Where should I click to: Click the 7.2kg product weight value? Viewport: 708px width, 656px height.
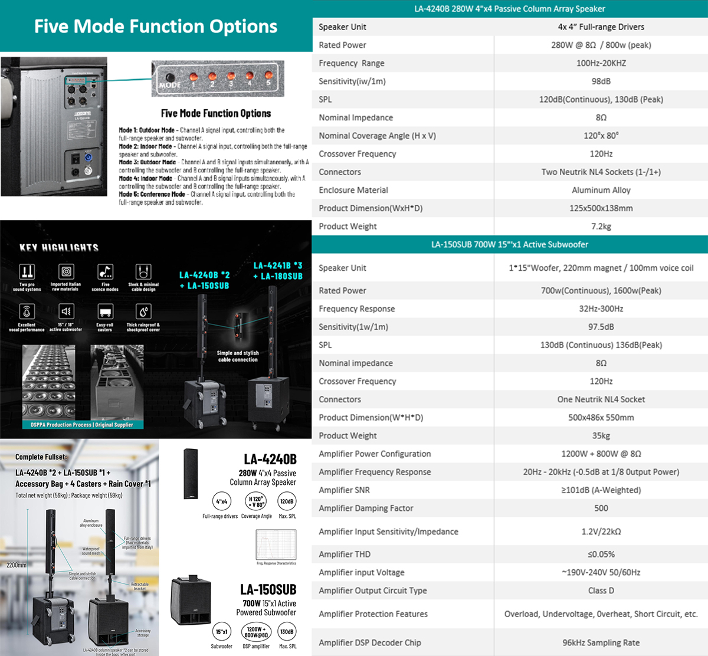[x=601, y=227]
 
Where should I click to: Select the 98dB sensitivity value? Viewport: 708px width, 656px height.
[x=601, y=81]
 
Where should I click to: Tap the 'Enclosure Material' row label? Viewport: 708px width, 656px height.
[x=353, y=190]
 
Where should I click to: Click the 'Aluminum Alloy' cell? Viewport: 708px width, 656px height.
[x=601, y=190]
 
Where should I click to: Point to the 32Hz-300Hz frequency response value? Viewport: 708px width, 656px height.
[x=601, y=309]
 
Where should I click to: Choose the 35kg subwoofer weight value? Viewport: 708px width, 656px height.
[x=601, y=436]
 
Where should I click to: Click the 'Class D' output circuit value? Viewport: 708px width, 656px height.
[x=601, y=591]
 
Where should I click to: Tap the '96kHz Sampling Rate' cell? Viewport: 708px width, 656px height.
[x=601, y=643]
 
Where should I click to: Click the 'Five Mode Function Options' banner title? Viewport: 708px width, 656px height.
[x=156, y=27]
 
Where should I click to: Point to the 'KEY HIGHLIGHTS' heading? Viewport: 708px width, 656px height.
[x=59, y=248]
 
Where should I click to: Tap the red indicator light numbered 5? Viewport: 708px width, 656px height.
[x=268, y=76]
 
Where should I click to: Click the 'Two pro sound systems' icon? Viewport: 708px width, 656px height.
[x=27, y=272]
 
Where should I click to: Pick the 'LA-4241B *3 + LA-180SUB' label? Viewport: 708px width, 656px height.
[x=277, y=271]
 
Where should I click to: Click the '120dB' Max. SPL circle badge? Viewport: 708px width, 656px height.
[x=287, y=501]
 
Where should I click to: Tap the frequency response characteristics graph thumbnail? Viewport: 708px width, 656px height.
[x=276, y=545]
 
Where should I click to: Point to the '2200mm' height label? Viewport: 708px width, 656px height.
[x=17, y=565]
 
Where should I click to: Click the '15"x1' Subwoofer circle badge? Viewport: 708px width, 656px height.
[x=221, y=632]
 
